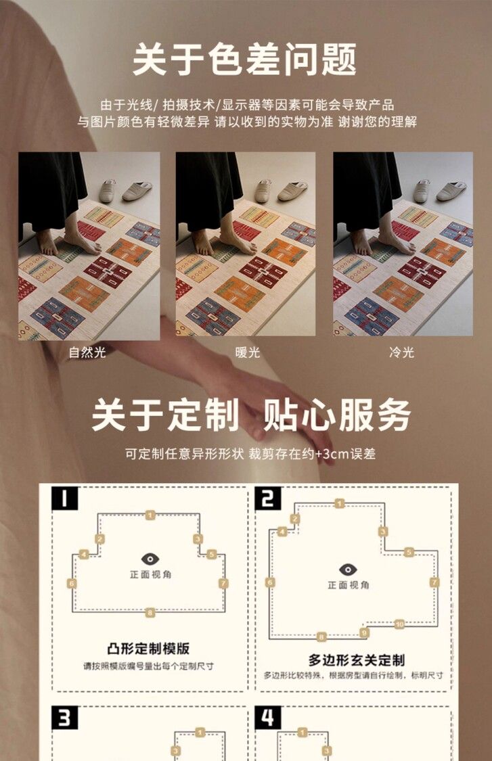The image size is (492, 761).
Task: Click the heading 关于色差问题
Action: [245, 60]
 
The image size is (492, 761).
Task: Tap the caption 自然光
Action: [87, 352]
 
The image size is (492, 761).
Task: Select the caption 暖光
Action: [248, 352]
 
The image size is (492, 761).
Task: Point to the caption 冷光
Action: [402, 352]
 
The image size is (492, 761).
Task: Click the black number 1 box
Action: [64, 498]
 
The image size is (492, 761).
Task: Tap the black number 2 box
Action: [268, 498]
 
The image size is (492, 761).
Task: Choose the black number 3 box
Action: [64, 718]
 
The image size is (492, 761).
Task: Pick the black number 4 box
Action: [268, 718]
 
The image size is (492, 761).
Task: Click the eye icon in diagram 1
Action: [150, 559]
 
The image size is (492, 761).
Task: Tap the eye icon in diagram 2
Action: [348, 570]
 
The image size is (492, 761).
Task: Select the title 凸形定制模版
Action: [148, 649]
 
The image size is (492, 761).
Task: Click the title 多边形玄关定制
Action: [357, 660]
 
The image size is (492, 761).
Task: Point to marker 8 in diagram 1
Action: [150, 612]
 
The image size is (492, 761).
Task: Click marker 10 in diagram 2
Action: [399, 624]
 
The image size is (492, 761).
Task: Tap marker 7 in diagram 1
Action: [223, 583]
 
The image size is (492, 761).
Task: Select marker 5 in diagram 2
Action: [409, 552]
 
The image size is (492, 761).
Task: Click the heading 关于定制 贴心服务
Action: [251, 415]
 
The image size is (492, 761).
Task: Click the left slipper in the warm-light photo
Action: [263, 191]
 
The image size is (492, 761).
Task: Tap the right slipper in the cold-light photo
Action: [451, 191]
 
